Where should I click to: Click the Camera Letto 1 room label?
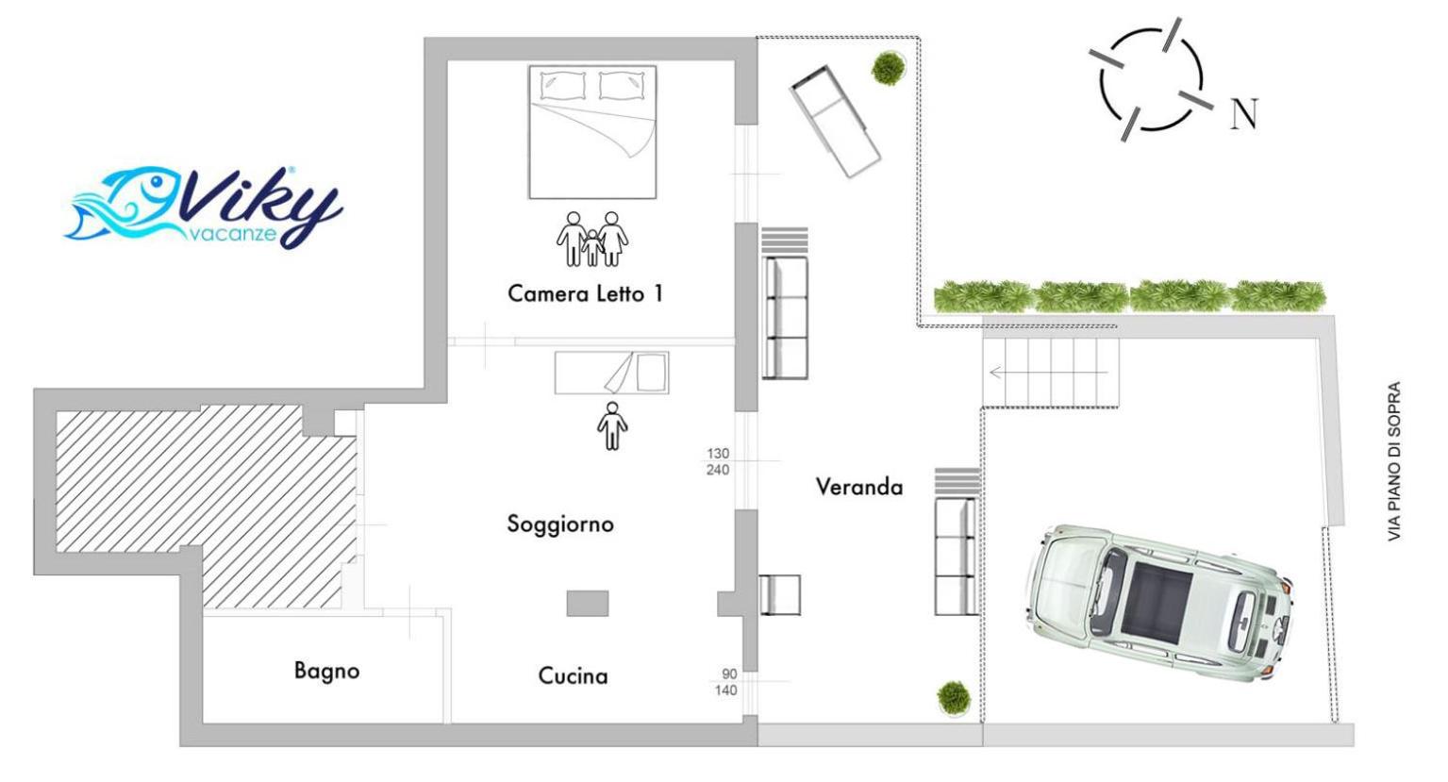(x=585, y=294)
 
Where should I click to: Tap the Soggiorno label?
(x=560, y=524)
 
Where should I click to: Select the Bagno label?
(x=326, y=671)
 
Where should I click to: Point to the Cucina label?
(x=573, y=676)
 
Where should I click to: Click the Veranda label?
(x=859, y=487)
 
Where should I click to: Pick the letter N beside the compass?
(x=1243, y=114)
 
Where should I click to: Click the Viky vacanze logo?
(x=204, y=207)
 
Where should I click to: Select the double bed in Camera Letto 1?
(x=592, y=132)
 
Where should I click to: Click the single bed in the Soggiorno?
(x=611, y=373)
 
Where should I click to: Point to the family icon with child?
(x=592, y=239)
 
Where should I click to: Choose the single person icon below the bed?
(x=612, y=425)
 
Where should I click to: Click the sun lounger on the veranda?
(x=835, y=122)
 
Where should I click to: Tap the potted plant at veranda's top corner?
(x=889, y=69)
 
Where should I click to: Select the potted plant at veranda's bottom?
(x=954, y=698)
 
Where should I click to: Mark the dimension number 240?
(x=718, y=470)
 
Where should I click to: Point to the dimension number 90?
(x=729, y=674)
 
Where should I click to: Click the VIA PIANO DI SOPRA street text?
(x=1394, y=461)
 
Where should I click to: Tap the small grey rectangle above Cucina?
(x=588, y=604)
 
